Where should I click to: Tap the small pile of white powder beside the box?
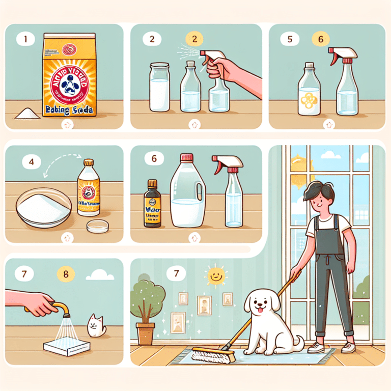pos(23,113)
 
